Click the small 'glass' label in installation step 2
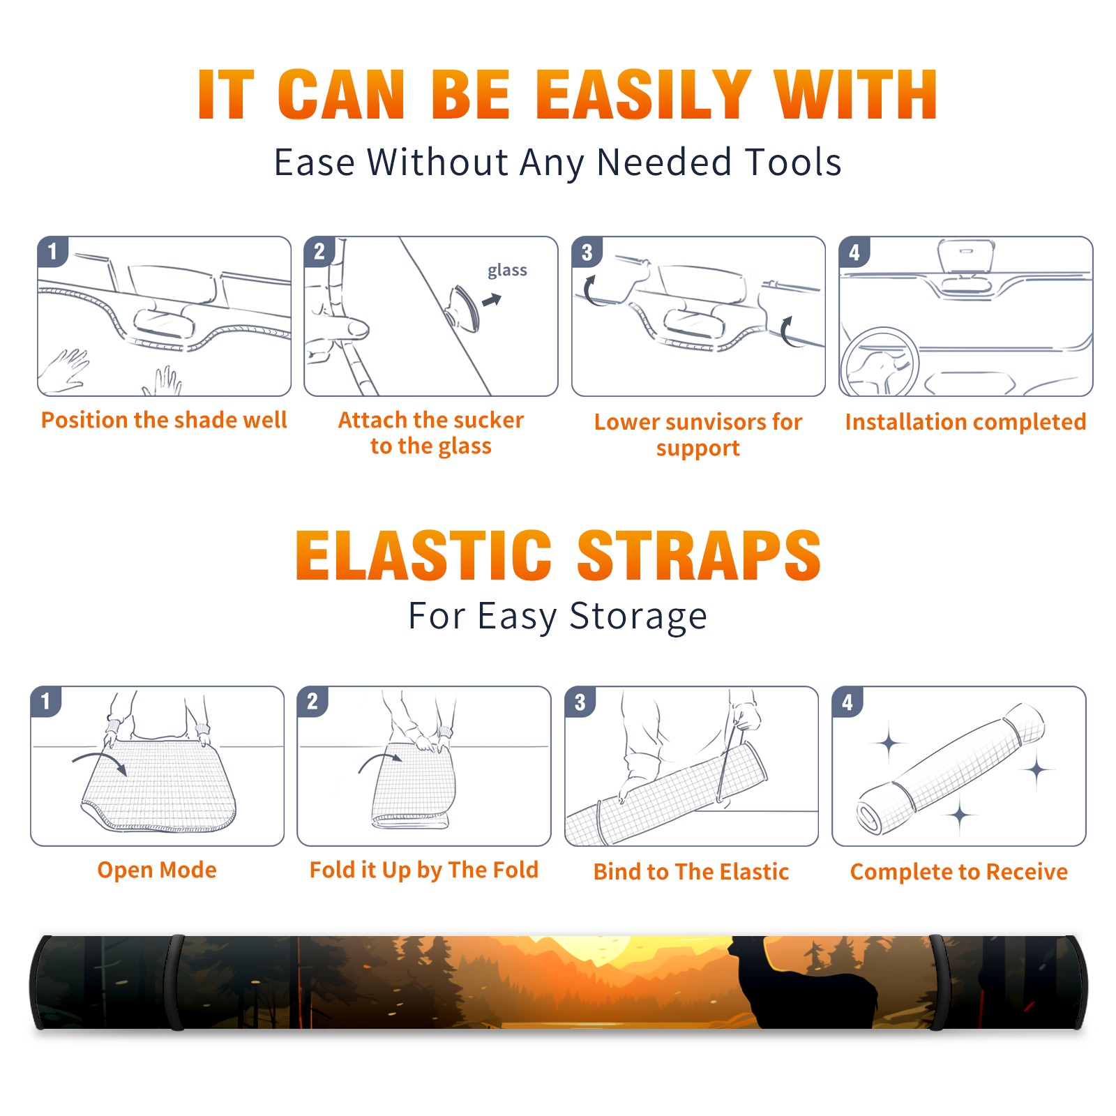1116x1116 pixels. pyautogui.click(x=507, y=271)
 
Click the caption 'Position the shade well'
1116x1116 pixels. pyautogui.click(x=164, y=420)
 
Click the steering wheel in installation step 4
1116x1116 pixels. pyautogui.click(x=880, y=363)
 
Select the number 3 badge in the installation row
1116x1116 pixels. pyautogui.click(x=587, y=252)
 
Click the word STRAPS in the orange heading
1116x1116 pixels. pyautogui.click(x=699, y=555)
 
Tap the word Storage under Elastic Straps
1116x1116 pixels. pyautogui.click(x=638, y=617)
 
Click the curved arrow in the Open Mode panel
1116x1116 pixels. pyautogui.click(x=100, y=762)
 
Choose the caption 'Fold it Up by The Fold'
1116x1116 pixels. pyautogui.click(x=424, y=870)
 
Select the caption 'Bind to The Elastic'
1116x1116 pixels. pyautogui.click(x=691, y=872)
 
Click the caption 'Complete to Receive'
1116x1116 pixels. pyautogui.click(x=959, y=872)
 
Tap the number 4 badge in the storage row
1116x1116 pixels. pyautogui.click(x=847, y=702)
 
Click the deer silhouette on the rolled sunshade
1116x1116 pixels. pyautogui.click(x=802, y=983)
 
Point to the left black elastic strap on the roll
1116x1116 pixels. pyautogui.click(x=175, y=982)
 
